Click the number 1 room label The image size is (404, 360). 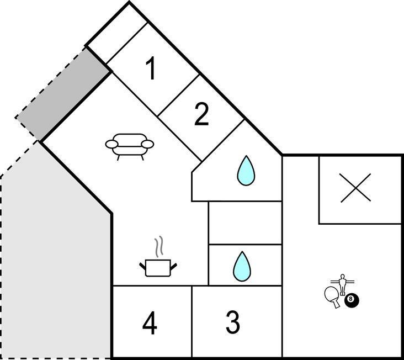(151, 68)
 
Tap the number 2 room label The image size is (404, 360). (201, 114)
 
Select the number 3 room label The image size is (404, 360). (233, 322)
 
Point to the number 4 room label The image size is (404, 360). (150, 323)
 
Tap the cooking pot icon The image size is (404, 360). (158, 268)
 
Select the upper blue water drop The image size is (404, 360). (246, 170)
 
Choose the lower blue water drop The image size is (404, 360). (242, 266)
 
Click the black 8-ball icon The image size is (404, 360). (352, 300)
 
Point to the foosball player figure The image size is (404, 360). (342, 284)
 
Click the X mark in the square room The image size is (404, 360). (355, 188)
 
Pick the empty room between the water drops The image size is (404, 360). (245, 223)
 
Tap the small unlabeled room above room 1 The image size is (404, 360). (116, 34)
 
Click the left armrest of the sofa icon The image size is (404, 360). (112, 144)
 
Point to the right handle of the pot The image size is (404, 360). (173, 267)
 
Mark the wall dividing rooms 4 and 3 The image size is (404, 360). (192, 321)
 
